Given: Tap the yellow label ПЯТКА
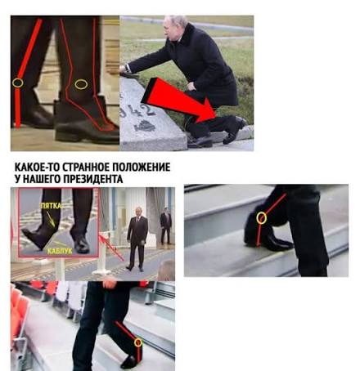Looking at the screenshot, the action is [x=51, y=206].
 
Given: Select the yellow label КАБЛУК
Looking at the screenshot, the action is [x=60, y=251].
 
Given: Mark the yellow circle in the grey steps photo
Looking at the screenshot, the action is [x=261, y=218].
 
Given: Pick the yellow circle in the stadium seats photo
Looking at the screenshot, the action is [x=138, y=342].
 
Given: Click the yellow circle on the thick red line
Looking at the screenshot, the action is [x=18, y=83].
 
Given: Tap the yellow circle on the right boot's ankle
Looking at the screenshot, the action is [x=81, y=84].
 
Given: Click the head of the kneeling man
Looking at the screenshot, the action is [x=173, y=27].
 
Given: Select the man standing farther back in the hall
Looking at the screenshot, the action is [x=165, y=226].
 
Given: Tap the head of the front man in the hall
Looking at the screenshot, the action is [x=139, y=212].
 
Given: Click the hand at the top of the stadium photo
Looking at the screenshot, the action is [x=110, y=284].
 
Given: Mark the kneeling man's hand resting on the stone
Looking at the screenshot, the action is [x=124, y=69].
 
